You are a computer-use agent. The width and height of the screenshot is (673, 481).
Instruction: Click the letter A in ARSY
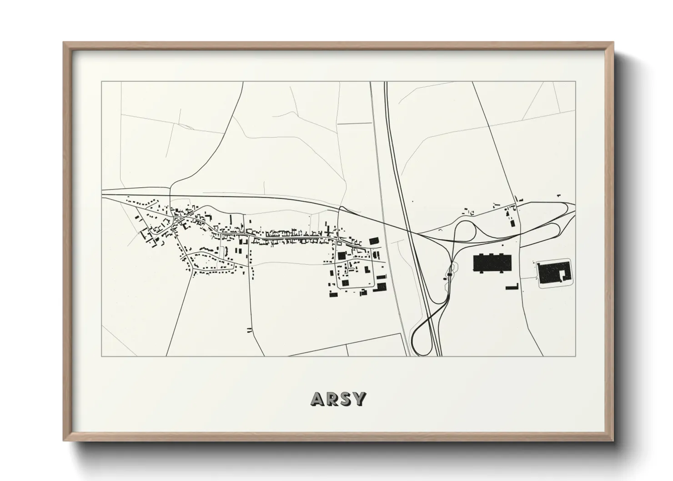click(317, 399)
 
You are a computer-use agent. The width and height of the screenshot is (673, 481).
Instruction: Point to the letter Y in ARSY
click(359, 399)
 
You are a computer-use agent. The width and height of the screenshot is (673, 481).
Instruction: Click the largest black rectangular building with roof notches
click(492, 263)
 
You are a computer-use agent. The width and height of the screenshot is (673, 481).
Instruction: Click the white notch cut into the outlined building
click(563, 274)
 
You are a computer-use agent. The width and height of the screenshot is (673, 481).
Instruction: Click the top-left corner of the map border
click(101, 82)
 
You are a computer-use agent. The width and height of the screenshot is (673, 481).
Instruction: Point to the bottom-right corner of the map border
click(576, 356)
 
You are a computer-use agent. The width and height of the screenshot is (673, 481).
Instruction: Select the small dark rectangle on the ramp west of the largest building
click(449, 275)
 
